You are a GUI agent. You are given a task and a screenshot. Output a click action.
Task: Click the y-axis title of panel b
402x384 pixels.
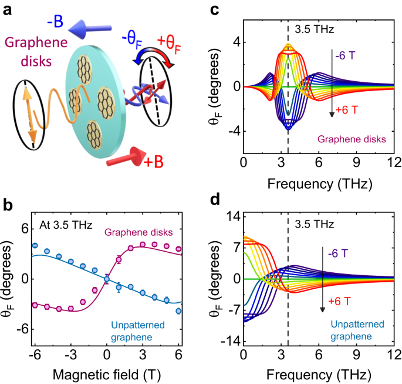[x=10, y=280]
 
